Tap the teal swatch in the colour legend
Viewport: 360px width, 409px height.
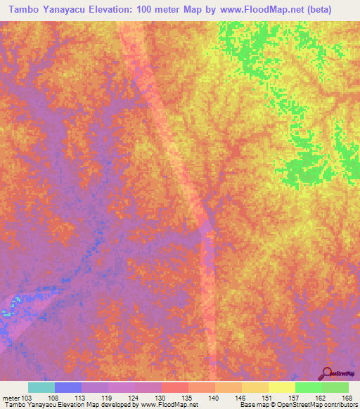(41, 387)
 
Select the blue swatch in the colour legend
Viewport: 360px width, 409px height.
(67, 387)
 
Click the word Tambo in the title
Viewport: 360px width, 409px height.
(24, 10)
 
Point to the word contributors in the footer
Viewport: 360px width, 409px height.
(341, 405)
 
